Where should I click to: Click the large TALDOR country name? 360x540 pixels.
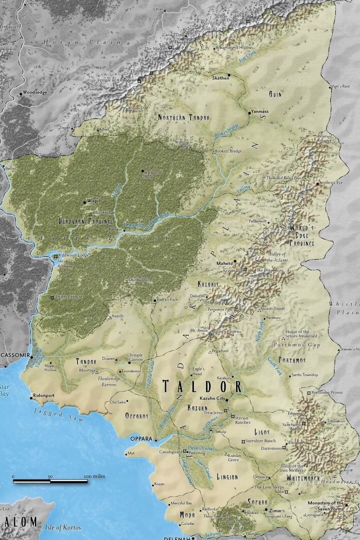click(202, 386)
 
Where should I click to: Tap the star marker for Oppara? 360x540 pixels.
click(156, 440)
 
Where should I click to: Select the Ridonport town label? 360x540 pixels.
click(43, 395)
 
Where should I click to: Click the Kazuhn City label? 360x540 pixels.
click(213, 398)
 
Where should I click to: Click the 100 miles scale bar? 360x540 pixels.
click(50, 480)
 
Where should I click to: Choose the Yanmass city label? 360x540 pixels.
click(260, 112)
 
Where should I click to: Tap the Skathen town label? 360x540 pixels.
click(220, 78)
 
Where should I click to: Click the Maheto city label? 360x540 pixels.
click(224, 263)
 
